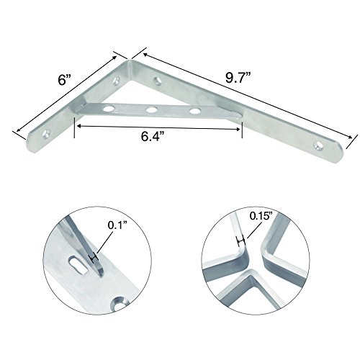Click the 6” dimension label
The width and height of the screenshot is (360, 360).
click(x=65, y=79)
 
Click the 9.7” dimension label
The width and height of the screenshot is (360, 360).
click(x=238, y=78)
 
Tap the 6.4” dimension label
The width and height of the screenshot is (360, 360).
click(x=153, y=137)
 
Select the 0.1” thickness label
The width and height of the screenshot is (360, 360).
click(x=117, y=225)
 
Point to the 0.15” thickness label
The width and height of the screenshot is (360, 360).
click(x=261, y=216)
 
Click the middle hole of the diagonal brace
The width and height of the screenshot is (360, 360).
click(x=152, y=110)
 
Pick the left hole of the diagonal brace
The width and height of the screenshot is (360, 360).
click(x=108, y=109)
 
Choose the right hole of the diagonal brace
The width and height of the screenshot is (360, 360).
click(x=194, y=111)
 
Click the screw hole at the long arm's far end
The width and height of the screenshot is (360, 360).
click(x=319, y=145)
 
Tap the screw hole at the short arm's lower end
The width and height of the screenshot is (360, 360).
click(x=47, y=133)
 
